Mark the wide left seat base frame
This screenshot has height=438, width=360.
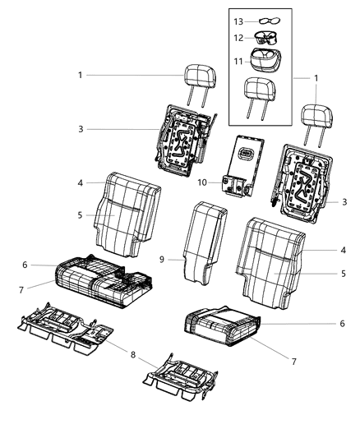pos(70,332)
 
